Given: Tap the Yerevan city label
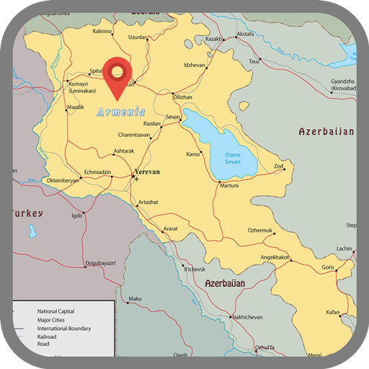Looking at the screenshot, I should [147, 172].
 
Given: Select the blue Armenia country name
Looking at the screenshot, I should [120, 112].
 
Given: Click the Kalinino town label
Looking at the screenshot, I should [102, 32].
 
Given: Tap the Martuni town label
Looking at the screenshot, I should [228, 185].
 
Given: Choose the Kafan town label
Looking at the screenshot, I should [332, 312].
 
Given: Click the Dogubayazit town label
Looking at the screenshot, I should [100, 263].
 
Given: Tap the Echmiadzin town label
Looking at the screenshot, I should [98, 173].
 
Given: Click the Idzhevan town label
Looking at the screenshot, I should [195, 65].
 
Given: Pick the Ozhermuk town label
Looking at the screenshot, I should [261, 230].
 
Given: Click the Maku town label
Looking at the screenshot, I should [135, 298].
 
